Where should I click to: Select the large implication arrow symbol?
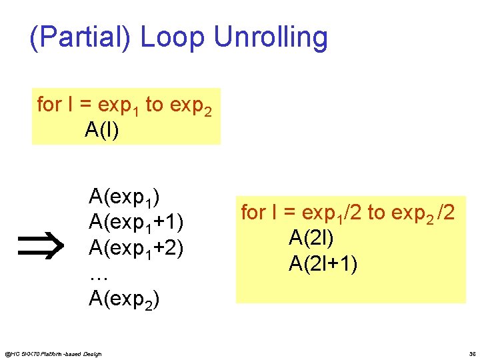coord(44,246)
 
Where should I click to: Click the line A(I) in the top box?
coord(102,130)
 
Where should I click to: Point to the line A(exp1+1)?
coord(136,221)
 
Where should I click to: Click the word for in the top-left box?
coord(49,105)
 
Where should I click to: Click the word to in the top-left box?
coord(154,105)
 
